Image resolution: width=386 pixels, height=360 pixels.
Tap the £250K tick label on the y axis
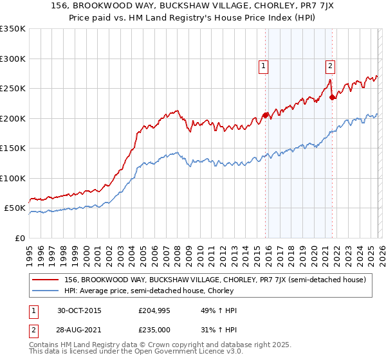pos(13,89)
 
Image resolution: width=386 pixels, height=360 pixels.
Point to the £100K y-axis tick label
pos(13,178)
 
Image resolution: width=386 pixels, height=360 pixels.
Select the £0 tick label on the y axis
pos(20,238)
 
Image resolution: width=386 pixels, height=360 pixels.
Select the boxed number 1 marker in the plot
pos(263,65)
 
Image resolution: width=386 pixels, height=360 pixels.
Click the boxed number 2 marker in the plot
pos(330,65)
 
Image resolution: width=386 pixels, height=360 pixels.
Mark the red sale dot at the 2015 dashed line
pos(265,116)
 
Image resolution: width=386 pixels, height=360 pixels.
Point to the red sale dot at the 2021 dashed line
pos(332,98)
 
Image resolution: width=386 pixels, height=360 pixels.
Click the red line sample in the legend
pos(46,280)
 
